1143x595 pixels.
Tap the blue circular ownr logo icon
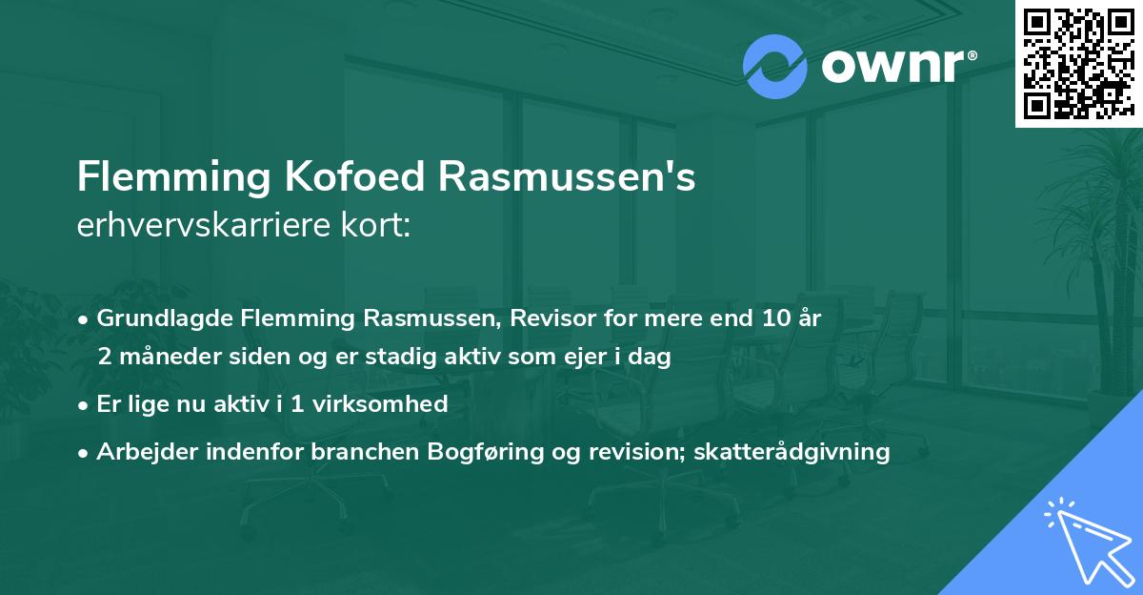pyautogui.click(x=775, y=66)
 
